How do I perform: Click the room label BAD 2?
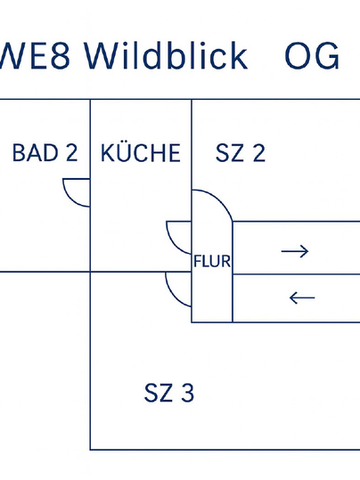pos(45,152)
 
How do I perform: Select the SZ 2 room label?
pos(241,152)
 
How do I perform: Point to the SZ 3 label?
pos(169,393)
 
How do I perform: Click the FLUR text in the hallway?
pos(212,261)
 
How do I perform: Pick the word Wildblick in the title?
pos(166,55)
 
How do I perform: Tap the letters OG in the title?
pos(312,56)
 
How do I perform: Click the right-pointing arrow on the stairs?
pos(295,251)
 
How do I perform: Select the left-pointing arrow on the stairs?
pos(302,297)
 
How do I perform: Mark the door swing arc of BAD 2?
pos(71,199)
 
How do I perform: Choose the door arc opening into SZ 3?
pos(173,295)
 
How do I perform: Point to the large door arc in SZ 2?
pos(221,199)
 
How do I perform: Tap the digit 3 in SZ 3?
pos(187,393)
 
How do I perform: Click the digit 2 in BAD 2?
pos(71,152)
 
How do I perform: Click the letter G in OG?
pos(327,56)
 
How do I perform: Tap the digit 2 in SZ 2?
pos(259,152)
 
